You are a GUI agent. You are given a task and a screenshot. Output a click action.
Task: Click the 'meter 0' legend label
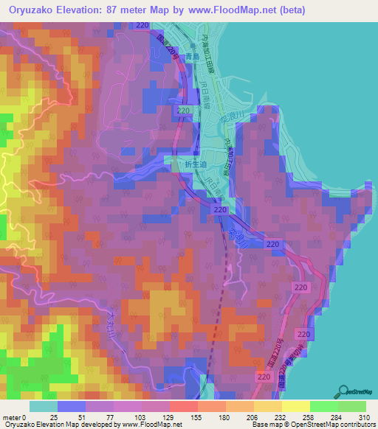pos(16,417)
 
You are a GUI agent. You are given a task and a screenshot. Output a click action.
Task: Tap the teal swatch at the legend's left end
pos(44,406)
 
